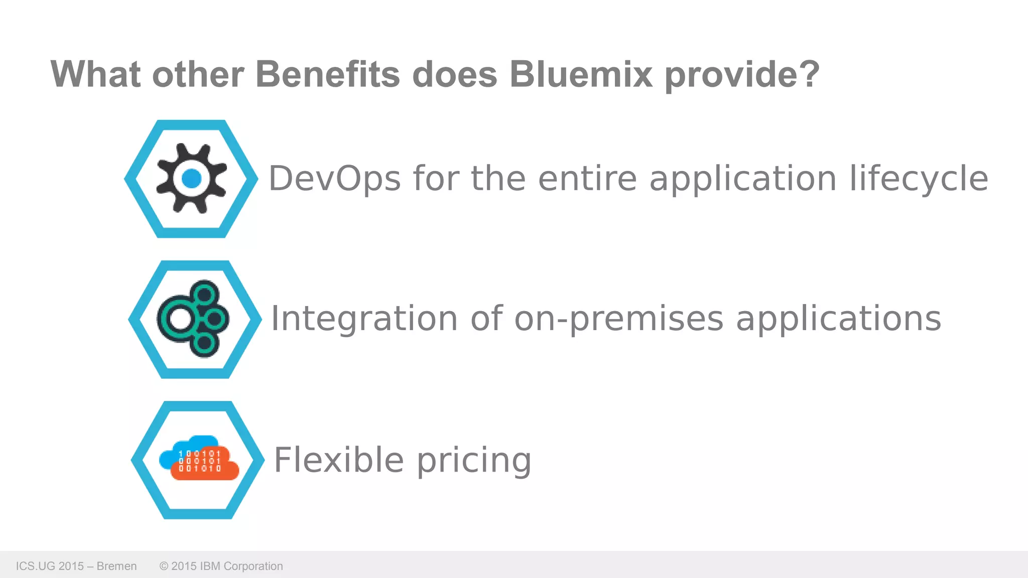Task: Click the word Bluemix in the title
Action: pyautogui.click(x=581, y=74)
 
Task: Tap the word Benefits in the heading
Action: pyautogui.click(x=328, y=74)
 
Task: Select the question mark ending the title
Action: pyautogui.click(x=809, y=74)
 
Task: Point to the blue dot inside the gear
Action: pyautogui.click(x=191, y=178)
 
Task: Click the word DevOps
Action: pyautogui.click(x=335, y=179)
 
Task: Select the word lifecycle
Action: pyautogui.click(x=919, y=179)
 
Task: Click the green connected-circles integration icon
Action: pyautogui.click(x=194, y=319)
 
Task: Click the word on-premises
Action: pyautogui.click(x=619, y=319)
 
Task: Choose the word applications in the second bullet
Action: pyautogui.click(x=838, y=319)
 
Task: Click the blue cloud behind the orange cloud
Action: pyautogui.click(x=171, y=454)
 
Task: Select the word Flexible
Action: pyautogui.click(x=339, y=460)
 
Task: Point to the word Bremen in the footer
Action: pyautogui.click(x=116, y=566)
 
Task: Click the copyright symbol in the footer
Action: pyautogui.click(x=164, y=566)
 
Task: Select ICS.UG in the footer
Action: pyautogui.click(x=35, y=566)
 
